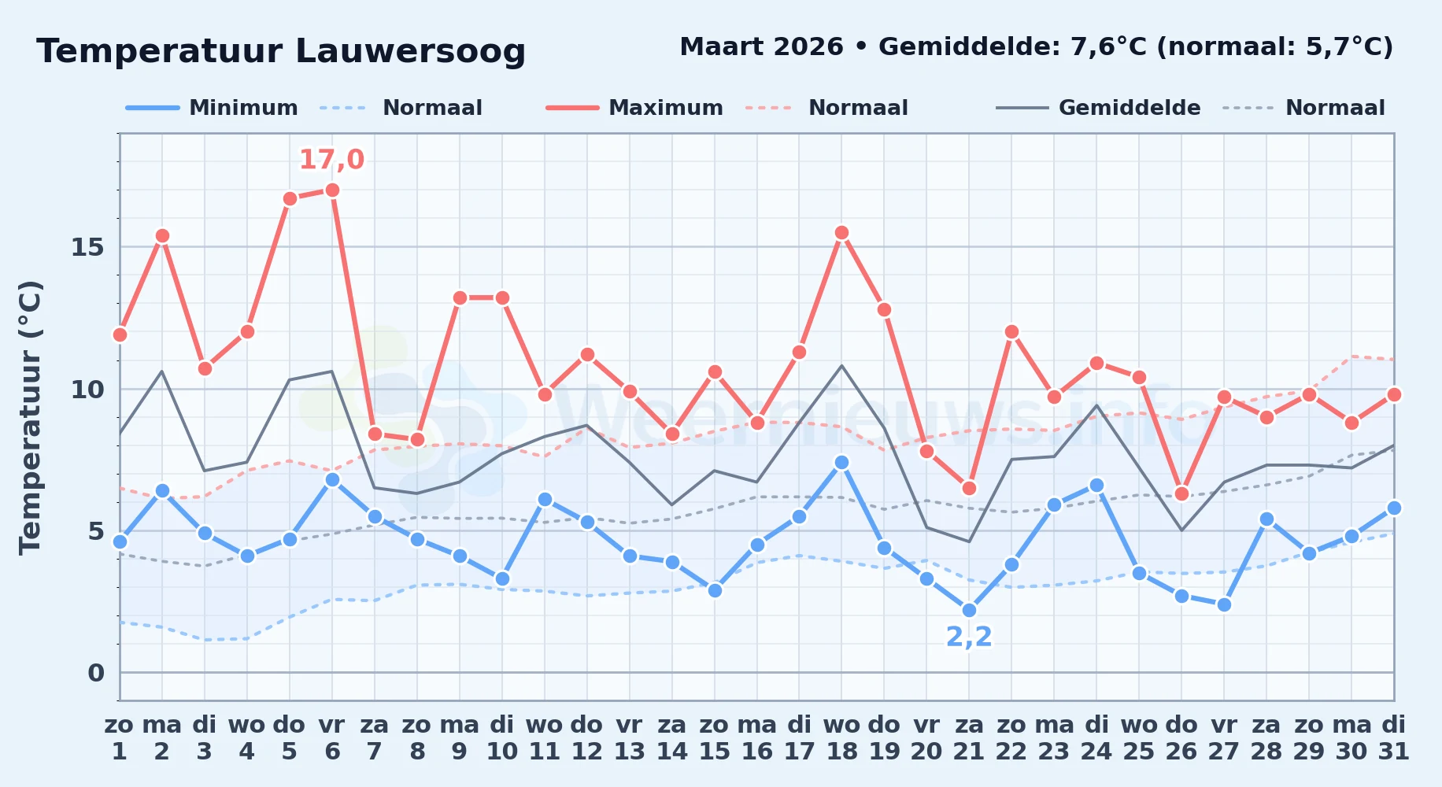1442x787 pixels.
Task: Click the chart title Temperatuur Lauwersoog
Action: tap(281, 51)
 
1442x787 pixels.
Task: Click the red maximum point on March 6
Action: tap(332, 190)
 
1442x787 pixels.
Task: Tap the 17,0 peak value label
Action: tap(332, 160)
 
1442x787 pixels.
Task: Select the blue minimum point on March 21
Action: tap(969, 610)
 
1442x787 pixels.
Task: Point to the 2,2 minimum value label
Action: tap(969, 637)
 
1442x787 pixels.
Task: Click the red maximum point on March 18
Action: tap(841, 232)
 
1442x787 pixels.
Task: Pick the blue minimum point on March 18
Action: tap(841, 462)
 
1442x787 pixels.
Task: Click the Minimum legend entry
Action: tap(212, 108)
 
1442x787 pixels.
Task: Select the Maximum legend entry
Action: tap(634, 108)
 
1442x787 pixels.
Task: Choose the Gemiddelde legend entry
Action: tap(1098, 108)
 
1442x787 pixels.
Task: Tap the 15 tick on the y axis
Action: tap(87, 247)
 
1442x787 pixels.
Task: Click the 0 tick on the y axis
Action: tap(96, 673)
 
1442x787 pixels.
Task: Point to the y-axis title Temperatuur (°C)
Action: tap(30, 417)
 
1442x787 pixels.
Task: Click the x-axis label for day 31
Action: tap(1394, 738)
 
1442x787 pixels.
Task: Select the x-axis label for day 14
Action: tap(672, 738)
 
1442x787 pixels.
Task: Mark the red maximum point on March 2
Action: tap(162, 235)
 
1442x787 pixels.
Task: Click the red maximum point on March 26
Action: tap(1181, 493)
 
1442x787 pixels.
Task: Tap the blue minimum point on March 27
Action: tap(1224, 604)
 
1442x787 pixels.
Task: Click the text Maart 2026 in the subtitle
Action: tap(761, 47)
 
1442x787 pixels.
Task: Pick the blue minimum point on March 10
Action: tap(502, 579)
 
